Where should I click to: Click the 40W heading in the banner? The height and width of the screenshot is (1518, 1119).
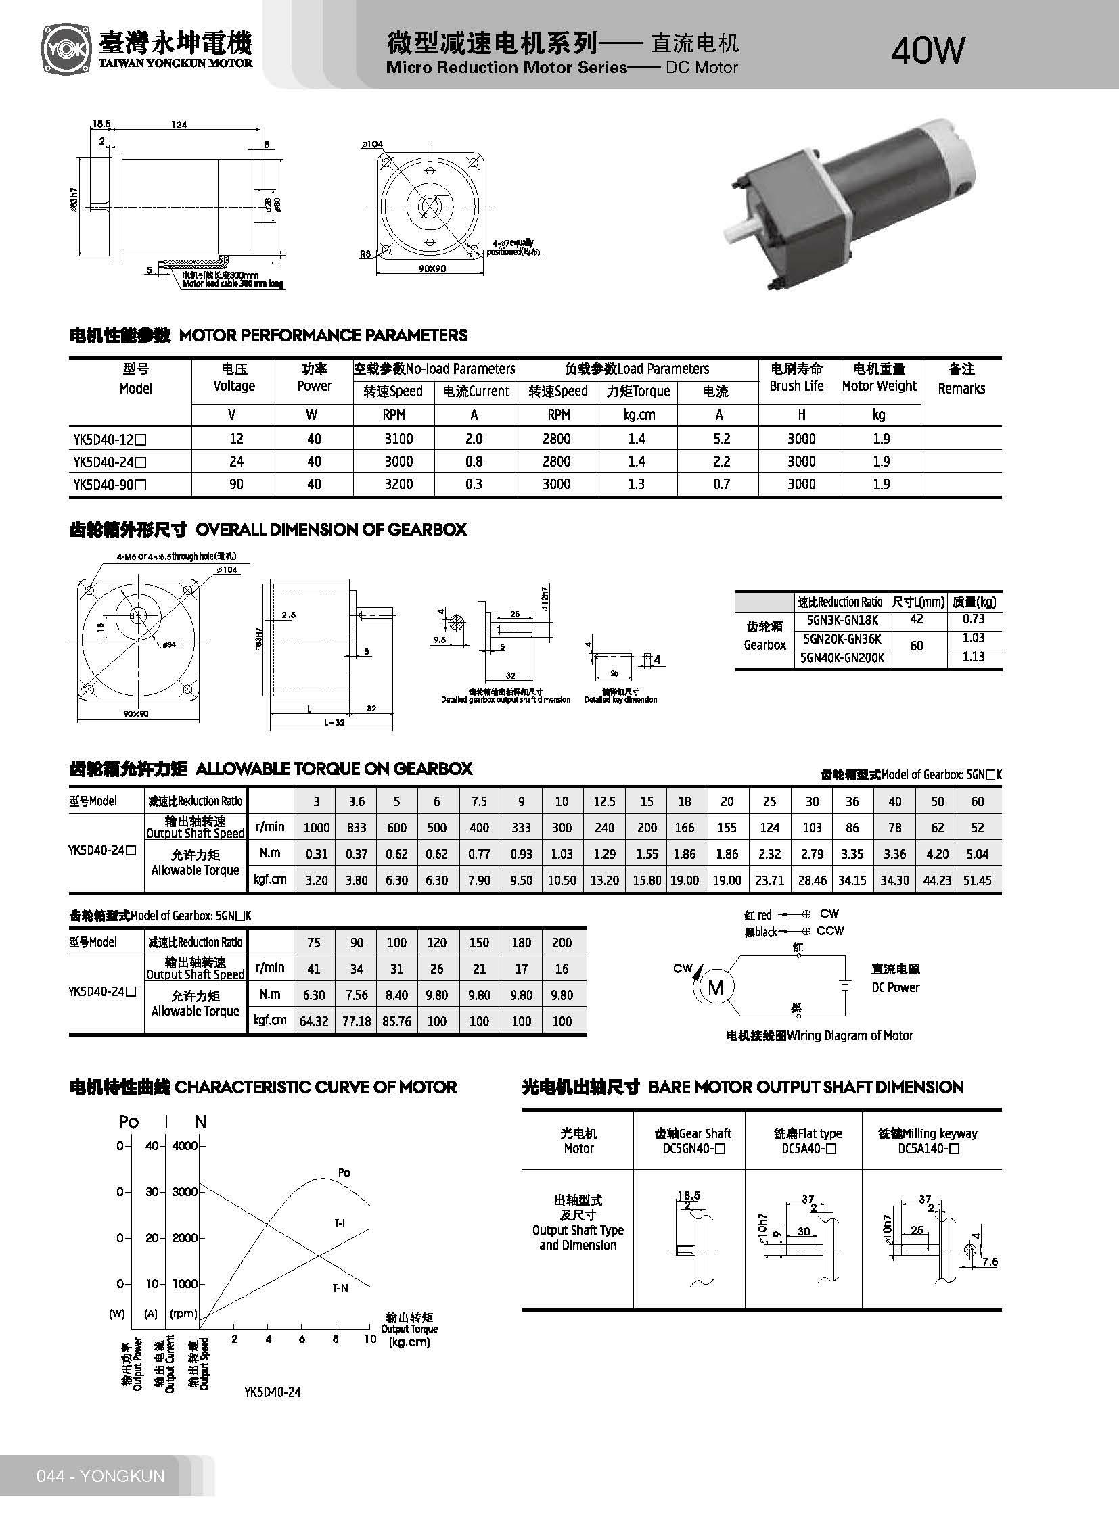(928, 50)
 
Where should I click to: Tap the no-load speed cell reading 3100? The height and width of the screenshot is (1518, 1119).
(398, 439)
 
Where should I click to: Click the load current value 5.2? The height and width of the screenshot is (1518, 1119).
(721, 439)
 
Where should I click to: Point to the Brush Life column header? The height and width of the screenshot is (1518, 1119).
(796, 378)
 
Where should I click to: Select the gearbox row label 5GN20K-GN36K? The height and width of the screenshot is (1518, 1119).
(842, 638)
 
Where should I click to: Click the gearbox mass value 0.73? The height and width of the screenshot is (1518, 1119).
(973, 619)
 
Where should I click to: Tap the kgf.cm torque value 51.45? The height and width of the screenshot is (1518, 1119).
(977, 880)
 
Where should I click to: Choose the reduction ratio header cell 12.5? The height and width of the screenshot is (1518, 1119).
(603, 802)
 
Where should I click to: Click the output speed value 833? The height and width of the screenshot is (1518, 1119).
(357, 828)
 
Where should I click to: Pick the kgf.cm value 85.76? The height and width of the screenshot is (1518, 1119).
(396, 1021)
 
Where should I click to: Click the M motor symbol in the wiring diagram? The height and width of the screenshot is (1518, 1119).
(715, 988)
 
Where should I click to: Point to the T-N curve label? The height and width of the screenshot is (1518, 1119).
(340, 1288)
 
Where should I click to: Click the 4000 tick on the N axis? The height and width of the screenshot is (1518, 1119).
(184, 1145)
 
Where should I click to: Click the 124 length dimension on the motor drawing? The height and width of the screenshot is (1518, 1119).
(179, 124)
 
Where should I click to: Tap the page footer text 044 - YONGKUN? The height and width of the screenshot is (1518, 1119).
(101, 1475)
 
